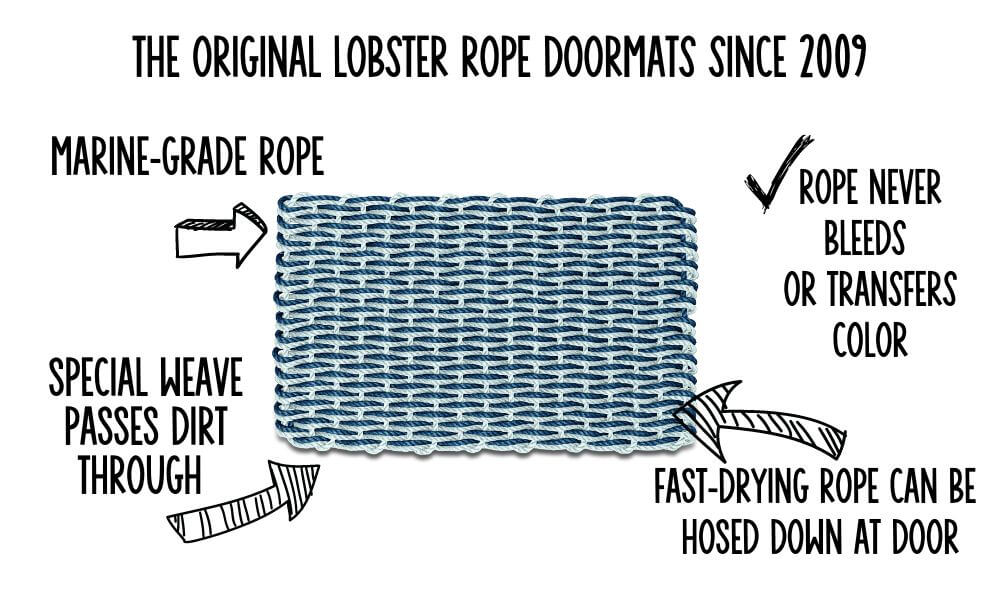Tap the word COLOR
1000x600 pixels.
pos(870,340)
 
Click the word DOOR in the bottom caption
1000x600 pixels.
pos(916,539)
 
